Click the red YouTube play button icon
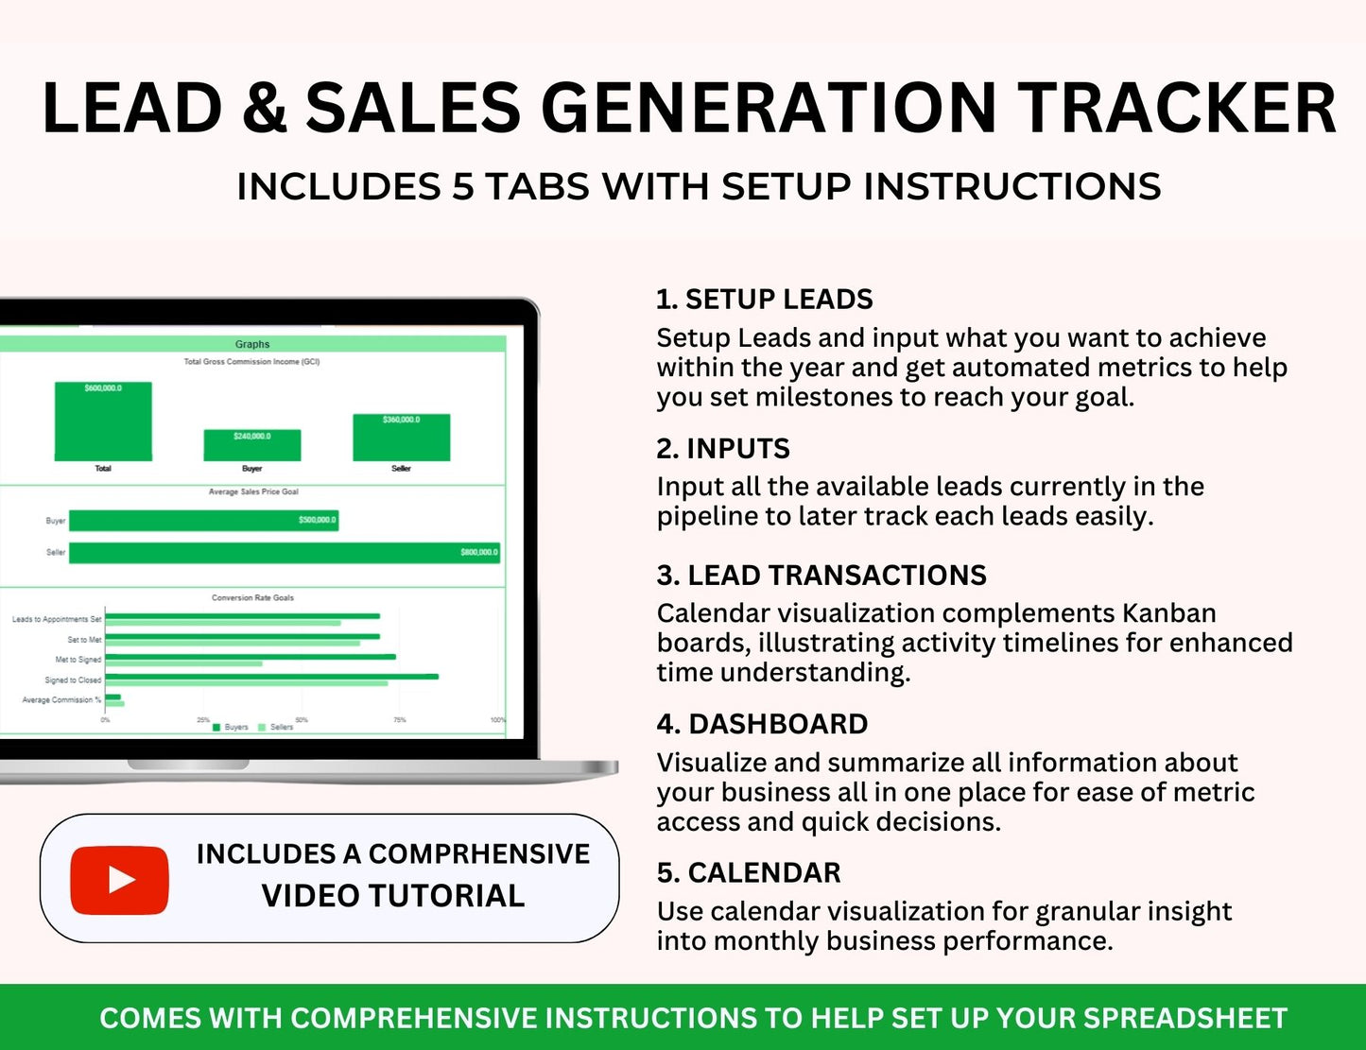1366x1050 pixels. coord(119,880)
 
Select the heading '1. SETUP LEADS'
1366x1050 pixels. coord(764,300)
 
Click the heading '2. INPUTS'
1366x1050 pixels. coord(723,449)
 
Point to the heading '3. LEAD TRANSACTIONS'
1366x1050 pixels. coord(821,576)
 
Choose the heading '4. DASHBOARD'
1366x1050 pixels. coord(762,724)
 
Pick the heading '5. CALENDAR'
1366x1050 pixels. coord(749,873)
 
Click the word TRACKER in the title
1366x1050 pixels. coord(1177,108)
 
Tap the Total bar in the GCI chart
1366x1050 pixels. coord(103,422)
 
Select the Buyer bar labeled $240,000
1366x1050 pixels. coord(252,445)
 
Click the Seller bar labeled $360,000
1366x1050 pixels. coord(401,438)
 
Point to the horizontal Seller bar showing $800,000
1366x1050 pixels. coord(284,552)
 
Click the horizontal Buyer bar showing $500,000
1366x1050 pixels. coord(203,521)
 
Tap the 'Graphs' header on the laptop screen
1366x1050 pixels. coord(252,344)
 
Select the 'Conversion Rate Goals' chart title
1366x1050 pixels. coord(252,597)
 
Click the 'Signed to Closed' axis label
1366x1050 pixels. coord(73,680)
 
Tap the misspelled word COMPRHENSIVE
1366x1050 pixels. coord(478,854)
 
